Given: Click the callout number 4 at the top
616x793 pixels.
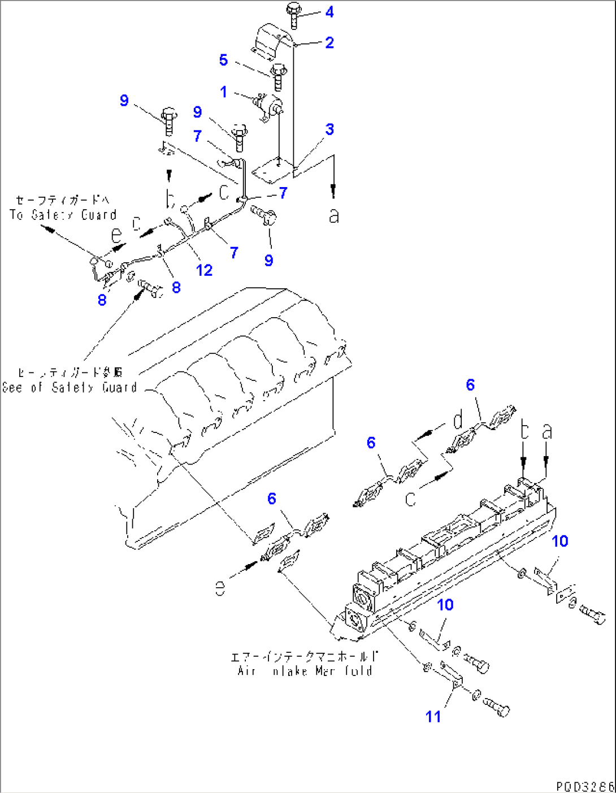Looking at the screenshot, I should pyautogui.click(x=329, y=12).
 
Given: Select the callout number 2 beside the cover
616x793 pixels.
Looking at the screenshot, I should pyautogui.click(x=329, y=43).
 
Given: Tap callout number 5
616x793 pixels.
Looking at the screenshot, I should pyautogui.click(x=223, y=60).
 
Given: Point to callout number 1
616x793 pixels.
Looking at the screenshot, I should pyautogui.click(x=224, y=92).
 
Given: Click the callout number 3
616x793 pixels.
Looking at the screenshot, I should pyautogui.click(x=329, y=129).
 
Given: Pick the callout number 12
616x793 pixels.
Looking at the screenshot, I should pyautogui.click(x=204, y=270).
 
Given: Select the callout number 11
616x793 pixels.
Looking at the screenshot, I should pyautogui.click(x=433, y=717).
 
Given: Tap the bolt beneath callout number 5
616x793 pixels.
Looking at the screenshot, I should pyautogui.click(x=277, y=77).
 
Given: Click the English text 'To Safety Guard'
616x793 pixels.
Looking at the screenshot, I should pyautogui.click(x=63, y=215).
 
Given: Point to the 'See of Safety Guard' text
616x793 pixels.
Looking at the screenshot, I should pyautogui.click(x=70, y=388).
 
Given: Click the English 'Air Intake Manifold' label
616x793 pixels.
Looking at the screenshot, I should pyautogui.click(x=305, y=671).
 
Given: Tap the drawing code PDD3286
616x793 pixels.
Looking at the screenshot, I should pyautogui.click(x=584, y=786).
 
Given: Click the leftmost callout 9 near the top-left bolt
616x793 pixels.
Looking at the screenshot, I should pyautogui.click(x=124, y=101).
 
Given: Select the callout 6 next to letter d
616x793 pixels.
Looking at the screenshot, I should pyautogui.click(x=470, y=385).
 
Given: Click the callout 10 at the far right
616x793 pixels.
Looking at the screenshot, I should pyautogui.click(x=559, y=541).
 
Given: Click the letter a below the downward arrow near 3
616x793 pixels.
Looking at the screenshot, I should pyautogui.click(x=334, y=215).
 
